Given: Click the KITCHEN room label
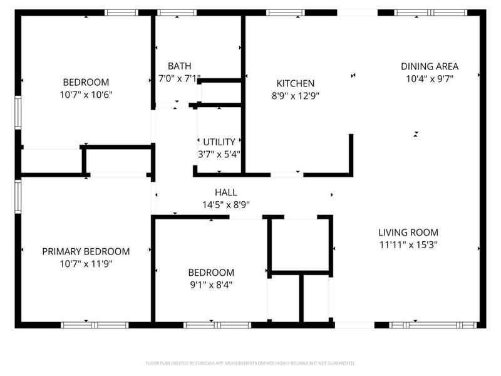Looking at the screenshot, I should [x=296, y=83].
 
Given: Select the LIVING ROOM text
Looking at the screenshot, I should [x=408, y=232].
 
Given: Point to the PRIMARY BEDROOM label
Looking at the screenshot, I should [x=86, y=251].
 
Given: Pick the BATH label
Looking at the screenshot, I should [x=179, y=66].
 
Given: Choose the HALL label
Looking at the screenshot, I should [x=225, y=192].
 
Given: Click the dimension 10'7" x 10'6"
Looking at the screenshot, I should [x=86, y=95].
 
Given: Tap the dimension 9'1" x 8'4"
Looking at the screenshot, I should [x=211, y=285].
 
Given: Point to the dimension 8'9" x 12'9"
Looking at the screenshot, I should [x=296, y=96].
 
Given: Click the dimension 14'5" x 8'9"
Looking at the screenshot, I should [x=225, y=204].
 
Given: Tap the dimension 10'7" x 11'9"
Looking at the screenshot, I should [x=86, y=264].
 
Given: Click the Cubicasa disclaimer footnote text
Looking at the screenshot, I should [x=250, y=363].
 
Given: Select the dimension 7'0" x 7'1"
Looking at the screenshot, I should [x=179, y=79].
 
